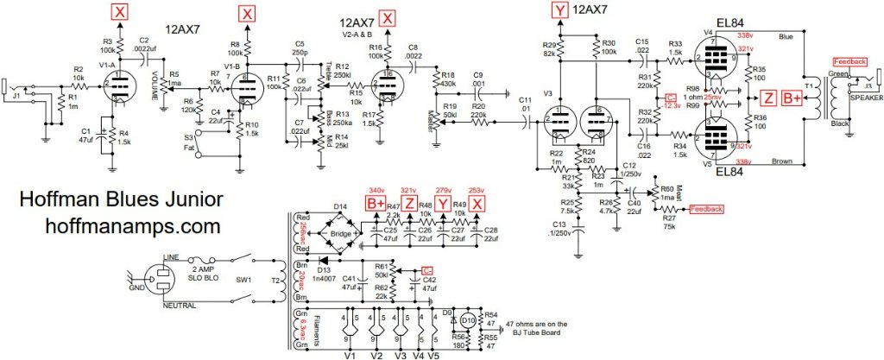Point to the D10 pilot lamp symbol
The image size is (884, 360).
point(467,322)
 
